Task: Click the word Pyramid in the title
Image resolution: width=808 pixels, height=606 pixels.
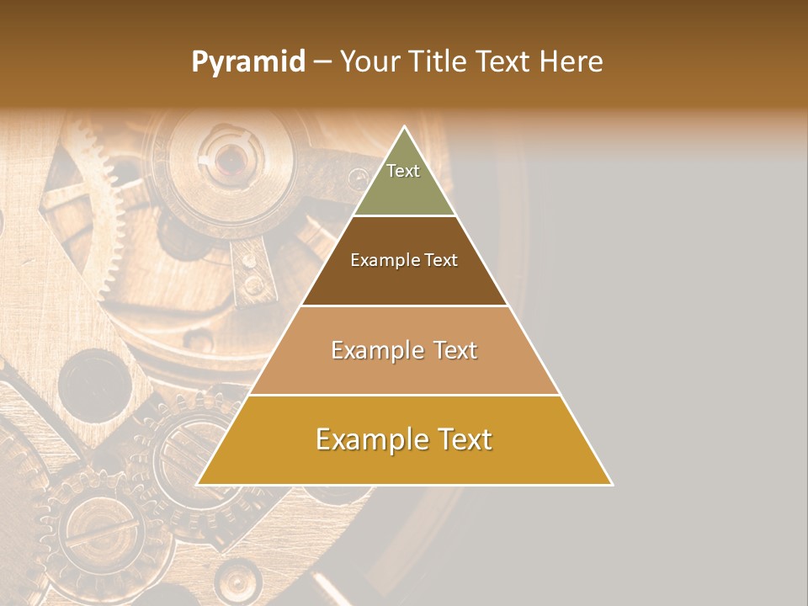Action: [247, 62]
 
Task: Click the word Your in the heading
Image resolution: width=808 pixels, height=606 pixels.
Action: [370, 62]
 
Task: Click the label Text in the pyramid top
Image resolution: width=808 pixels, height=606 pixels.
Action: [403, 171]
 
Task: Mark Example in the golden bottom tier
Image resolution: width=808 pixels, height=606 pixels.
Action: [367, 439]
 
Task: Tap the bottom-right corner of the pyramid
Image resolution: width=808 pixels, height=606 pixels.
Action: [611, 484]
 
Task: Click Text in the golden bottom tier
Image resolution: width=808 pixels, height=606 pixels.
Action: [460, 439]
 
